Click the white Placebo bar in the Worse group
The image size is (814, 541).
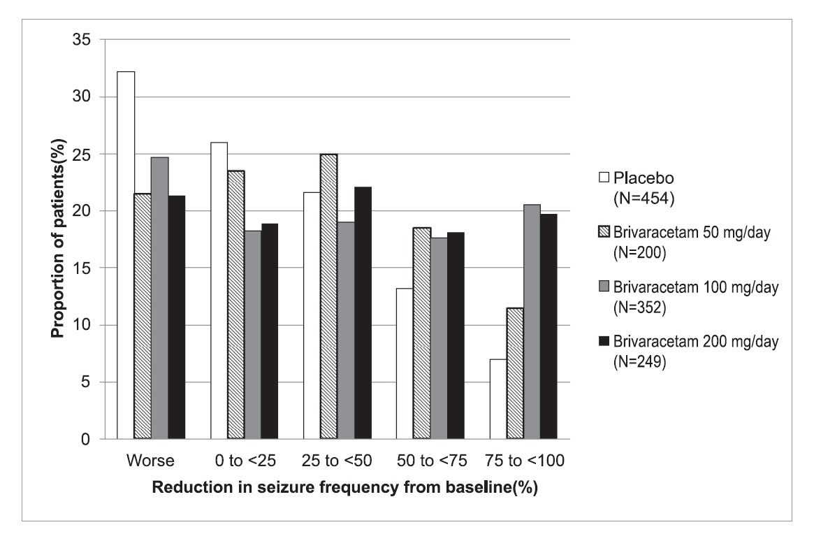pos(126,255)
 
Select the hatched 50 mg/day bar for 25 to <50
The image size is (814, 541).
pos(329,296)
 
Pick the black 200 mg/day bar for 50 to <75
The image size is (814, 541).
pos(455,336)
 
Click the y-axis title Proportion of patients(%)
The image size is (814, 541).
pos(60,239)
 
